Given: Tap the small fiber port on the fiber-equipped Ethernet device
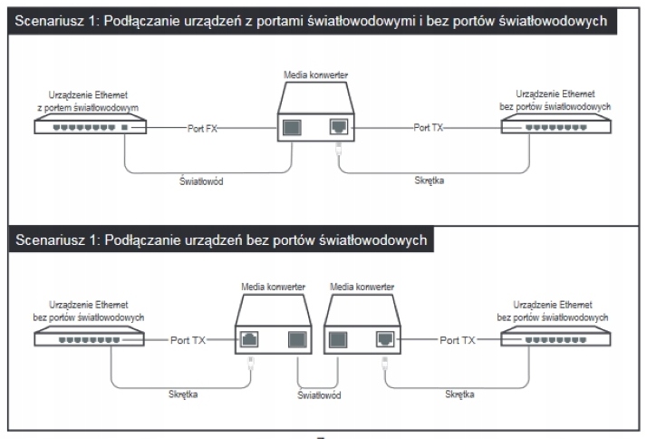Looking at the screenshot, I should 138,129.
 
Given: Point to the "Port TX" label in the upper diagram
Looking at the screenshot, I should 428,129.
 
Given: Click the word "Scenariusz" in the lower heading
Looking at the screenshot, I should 52,240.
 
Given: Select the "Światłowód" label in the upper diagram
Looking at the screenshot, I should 202,180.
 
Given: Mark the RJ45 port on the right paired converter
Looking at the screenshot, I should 384,340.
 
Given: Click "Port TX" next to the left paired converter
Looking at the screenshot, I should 188,340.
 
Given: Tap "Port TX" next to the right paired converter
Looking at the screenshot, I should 458,340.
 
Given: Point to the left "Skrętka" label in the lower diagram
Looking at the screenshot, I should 184,395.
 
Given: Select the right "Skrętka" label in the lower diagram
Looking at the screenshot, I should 462,395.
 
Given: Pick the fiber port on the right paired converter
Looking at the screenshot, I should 337,340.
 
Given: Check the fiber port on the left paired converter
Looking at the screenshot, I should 296,340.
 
